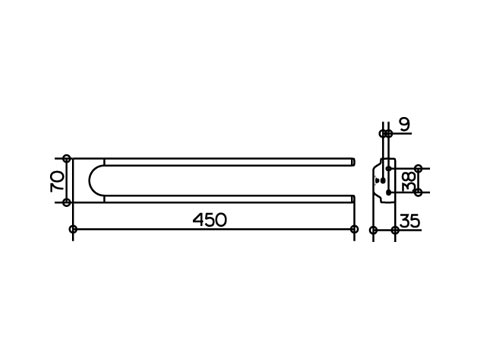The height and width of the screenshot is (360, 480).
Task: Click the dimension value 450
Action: pos(210,220)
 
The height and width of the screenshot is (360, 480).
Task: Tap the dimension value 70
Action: pos(57,181)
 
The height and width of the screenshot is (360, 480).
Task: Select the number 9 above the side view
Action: pos(405,125)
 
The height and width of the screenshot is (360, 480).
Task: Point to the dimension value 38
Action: pos(409,182)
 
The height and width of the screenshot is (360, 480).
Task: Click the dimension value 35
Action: pos(410,221)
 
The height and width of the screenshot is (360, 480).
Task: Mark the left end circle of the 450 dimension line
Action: pos(73,229)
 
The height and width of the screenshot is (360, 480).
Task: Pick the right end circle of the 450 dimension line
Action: pos(354,229)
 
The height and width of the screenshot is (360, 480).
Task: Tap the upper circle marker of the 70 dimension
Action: pos(67,158)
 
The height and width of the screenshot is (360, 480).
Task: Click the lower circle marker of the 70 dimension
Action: pos(67,202)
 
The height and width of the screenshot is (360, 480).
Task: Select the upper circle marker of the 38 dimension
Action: pos(418,168)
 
